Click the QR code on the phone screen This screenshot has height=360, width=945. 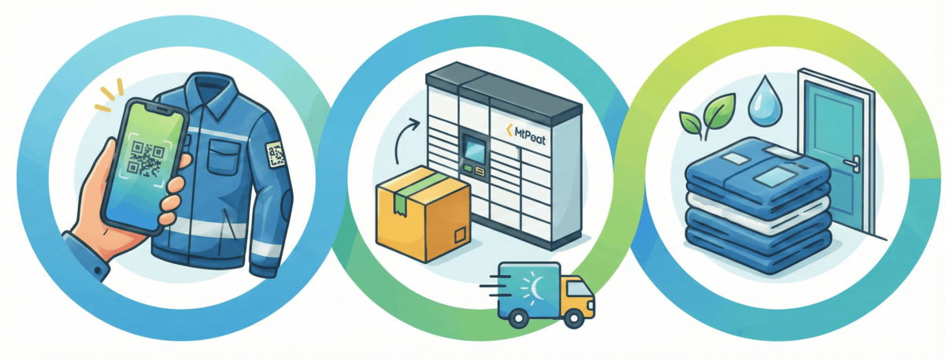point(143,158)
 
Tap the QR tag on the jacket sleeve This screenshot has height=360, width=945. point(274,154)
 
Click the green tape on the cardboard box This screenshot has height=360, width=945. point(417,188)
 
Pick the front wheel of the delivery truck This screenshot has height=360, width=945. point(575,317)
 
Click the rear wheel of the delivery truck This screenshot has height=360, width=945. point(518,317)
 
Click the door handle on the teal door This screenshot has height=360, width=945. point(850,163)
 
